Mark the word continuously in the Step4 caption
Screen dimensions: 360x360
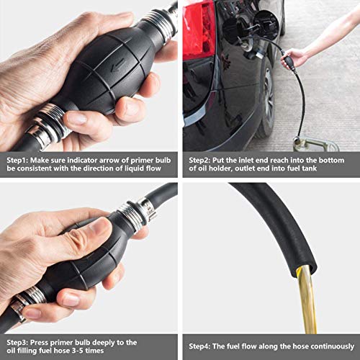coord(325,346)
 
